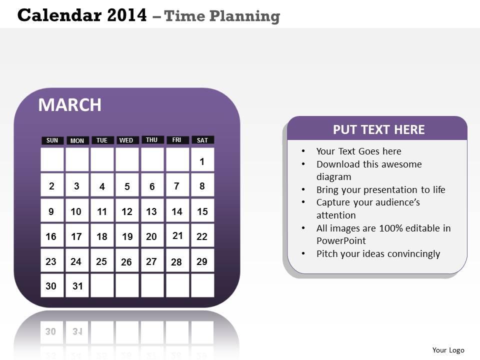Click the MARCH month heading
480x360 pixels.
click(70, 104)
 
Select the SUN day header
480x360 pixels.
click(52, 140)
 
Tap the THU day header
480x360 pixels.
click(152, 139)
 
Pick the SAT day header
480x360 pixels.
click(202, 140)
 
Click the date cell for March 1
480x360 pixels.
click(202, 160)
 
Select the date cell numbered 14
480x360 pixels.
click(177, 210)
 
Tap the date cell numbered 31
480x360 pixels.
click(77, 285)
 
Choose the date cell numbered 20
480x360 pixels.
click(152, 235)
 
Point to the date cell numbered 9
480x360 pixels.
click(52, 210)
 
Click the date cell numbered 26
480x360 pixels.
click(127, 260)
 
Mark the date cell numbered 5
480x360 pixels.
click(127, 185)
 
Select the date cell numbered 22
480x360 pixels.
click(202, 235)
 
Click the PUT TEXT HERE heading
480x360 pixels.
click(378, 130)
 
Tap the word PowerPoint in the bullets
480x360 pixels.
click(341, 241)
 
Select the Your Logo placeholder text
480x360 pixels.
click(448, 350)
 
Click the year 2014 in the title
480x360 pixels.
click(127, 15)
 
